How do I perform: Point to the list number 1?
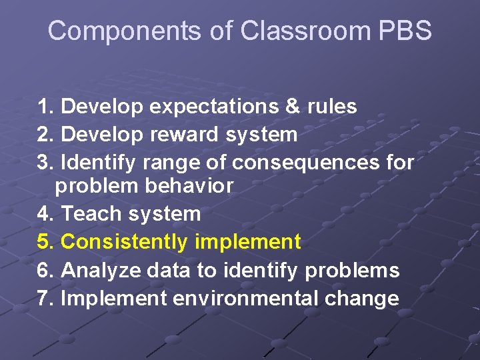click(x=45, y=107)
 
